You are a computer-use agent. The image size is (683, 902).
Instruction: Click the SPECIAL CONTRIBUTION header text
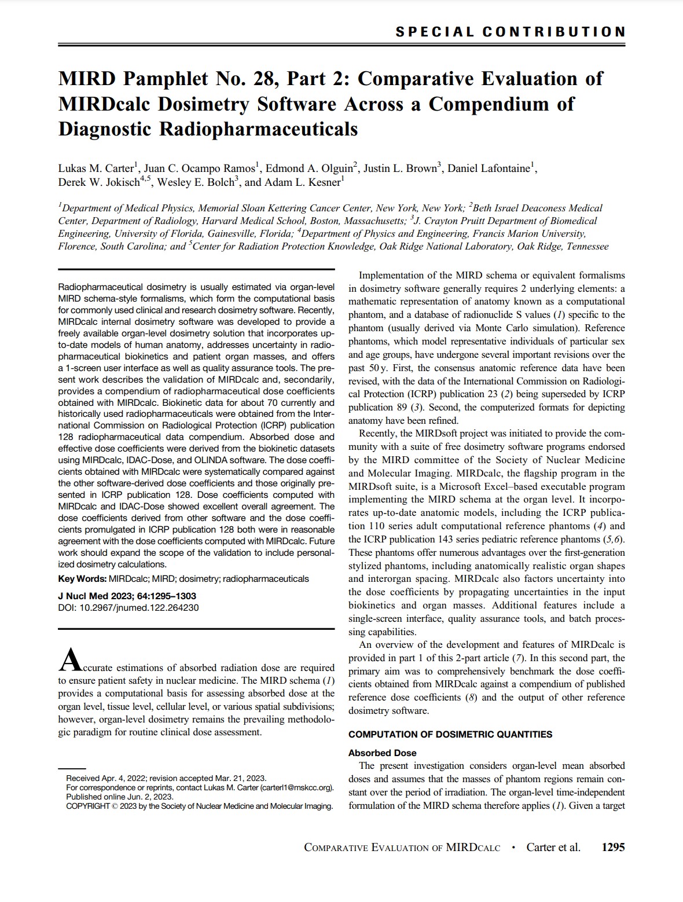510,32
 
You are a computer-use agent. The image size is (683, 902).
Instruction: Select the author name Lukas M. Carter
96,168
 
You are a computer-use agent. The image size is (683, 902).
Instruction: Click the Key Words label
82,578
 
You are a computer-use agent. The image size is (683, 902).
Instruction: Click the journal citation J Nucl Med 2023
96,596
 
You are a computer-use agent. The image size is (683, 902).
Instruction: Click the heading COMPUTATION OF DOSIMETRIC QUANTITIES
450,734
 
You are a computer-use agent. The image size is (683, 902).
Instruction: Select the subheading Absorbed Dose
382,753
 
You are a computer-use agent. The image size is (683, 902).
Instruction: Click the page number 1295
613,847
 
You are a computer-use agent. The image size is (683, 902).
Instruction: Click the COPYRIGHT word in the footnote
88,806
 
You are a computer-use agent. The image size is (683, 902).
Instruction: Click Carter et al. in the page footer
553,847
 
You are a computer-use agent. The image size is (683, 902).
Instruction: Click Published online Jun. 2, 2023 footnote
120,797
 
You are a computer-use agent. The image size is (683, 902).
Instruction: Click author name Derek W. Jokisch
99,182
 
